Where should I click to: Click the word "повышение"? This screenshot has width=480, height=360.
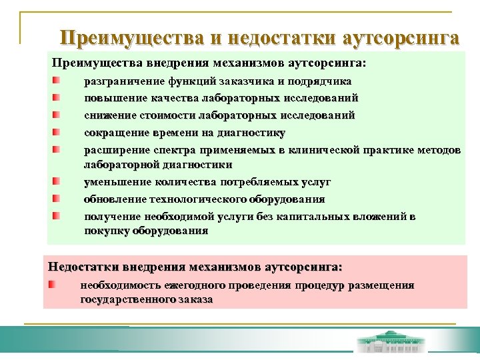click(109, 99)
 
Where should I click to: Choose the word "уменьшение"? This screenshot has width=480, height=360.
click(110, 182)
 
